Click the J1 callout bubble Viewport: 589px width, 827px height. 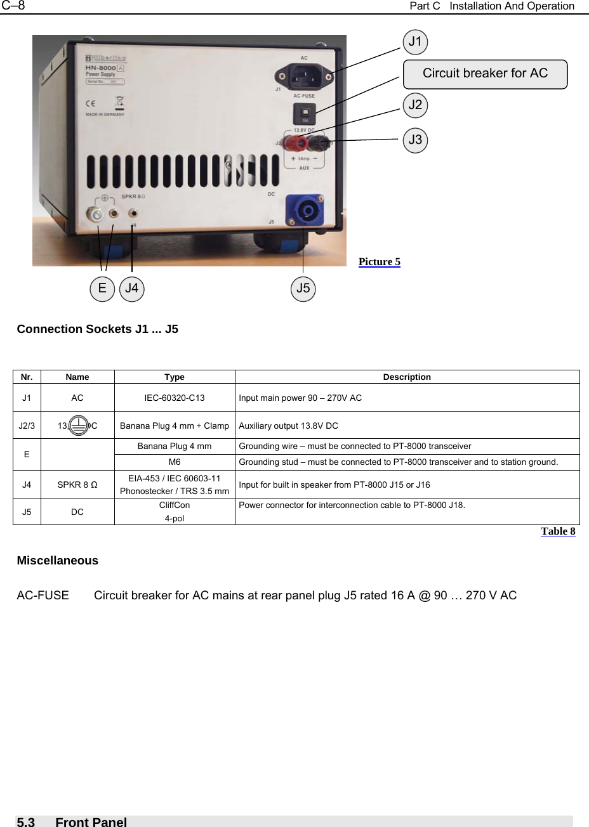[416, 42]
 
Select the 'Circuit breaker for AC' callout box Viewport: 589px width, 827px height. [485, 74]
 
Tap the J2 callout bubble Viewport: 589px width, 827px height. [416, 105]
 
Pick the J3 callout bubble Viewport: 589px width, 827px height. [416, 140]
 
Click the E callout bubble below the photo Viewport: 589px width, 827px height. [102, 289]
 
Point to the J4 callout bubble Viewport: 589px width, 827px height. [132, 289]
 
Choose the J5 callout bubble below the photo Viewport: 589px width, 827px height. [303, 289]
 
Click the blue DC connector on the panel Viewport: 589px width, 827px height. [304, 209]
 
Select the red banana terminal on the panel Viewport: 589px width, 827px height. [296, 142]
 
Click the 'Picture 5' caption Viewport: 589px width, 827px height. [380, 262]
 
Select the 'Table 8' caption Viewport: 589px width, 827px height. [558, 531]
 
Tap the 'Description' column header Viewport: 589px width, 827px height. [407, 377]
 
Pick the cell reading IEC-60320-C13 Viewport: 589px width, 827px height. [175, 398]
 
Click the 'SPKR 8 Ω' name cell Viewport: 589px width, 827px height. [77, 485]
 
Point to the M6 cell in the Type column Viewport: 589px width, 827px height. [175, 462]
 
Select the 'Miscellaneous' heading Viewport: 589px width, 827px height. [58, 561]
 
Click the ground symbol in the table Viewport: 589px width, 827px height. [78, 425]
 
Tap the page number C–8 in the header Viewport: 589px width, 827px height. [13, 6]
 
